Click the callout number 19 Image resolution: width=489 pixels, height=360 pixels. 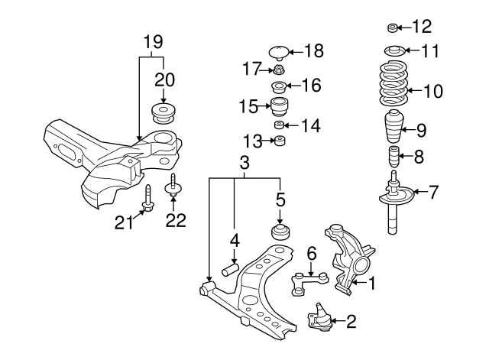click(154, 41)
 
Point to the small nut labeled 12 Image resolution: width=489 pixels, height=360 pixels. click(392, 29)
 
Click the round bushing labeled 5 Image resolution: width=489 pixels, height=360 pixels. click(280, 231)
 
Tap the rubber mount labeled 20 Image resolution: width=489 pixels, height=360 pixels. click(164, 112)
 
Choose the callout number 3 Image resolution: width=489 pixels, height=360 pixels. click(244, 164)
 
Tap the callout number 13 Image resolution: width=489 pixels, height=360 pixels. click(252, 141)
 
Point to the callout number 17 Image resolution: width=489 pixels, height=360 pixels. click(252, 69)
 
